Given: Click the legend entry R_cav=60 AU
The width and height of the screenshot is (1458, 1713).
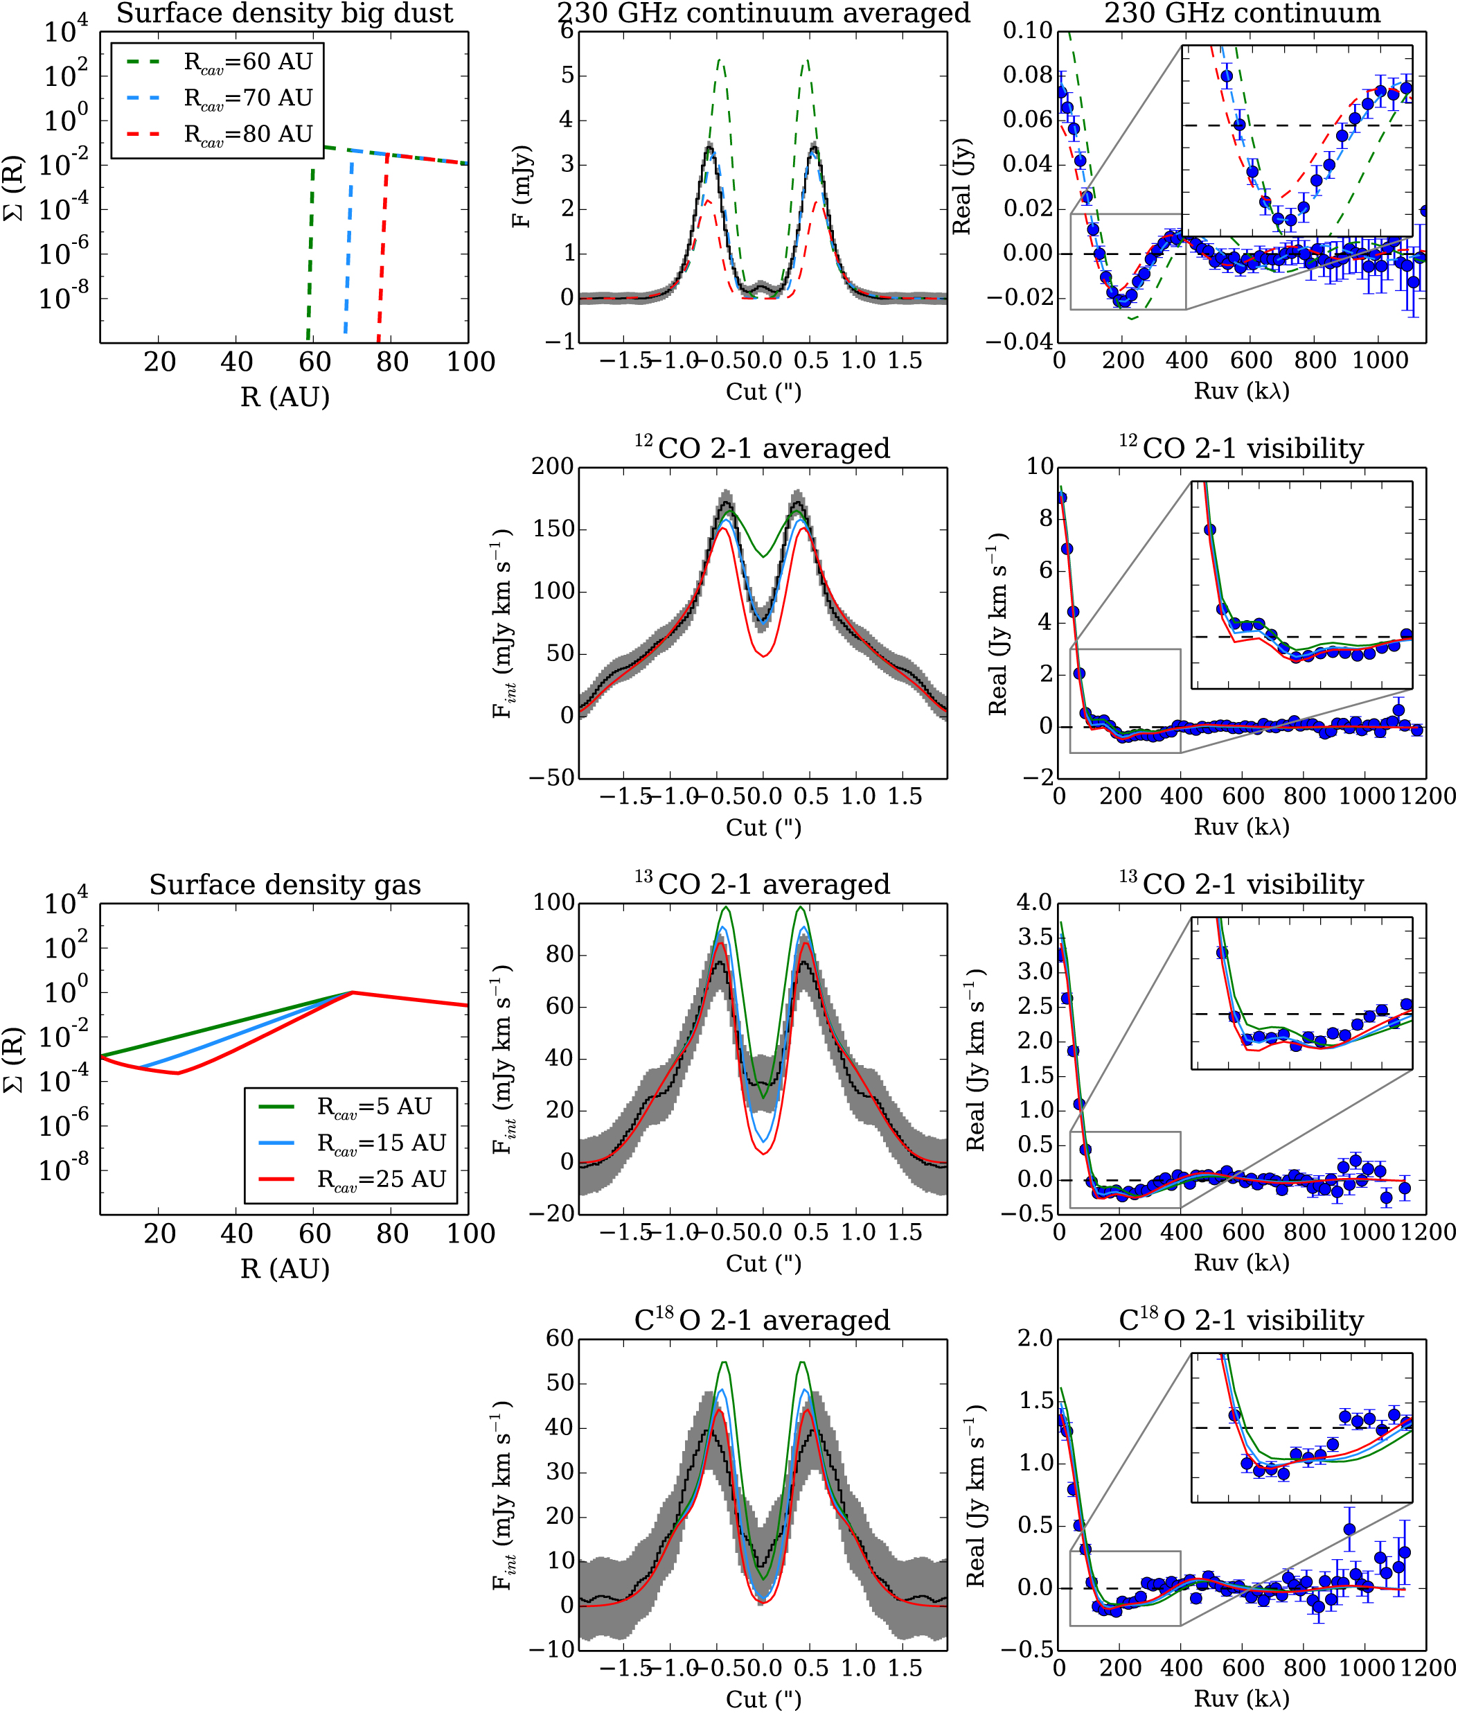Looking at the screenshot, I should pyautogui.click(x=247, y=62).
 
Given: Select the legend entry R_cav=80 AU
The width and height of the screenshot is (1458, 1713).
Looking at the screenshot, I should pyautogui.click(x=247, y=134).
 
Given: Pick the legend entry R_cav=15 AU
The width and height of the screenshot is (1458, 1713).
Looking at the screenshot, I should pyautogui.click(x=381, y=1143).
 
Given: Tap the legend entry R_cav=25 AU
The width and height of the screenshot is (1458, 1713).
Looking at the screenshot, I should pyautogui.click(x=381, y=1179).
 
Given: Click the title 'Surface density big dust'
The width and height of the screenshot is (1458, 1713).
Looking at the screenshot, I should pyautogui.click(x=284, y=14).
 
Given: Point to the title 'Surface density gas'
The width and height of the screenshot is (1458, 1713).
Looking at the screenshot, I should pyautogui.click(x=284, y=885).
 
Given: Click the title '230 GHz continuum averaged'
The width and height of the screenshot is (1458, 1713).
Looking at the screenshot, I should pyautogui.click(x=763, y=14).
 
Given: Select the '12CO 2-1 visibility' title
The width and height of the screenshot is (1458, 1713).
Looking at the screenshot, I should pyautogui.click(x=1241, y=449).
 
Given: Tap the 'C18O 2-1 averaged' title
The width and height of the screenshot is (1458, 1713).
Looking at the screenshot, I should pyautogui.click(x=763, y=1320).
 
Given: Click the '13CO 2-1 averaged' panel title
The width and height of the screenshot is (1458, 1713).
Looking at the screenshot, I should pyautogui.click(x=763, y=885).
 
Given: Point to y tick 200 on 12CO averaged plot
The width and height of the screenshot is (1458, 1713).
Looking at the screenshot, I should pyautogui.click(x=552, y=467).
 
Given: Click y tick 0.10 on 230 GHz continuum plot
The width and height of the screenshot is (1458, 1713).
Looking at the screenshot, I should pyautogui.click(x=1027, y=31).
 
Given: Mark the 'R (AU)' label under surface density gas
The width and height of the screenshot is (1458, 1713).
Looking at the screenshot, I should pyautogui.click(x=284, y=1268).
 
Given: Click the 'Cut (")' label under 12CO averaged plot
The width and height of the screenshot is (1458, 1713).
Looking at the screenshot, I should pyautogui.click(x=763, y=827).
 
